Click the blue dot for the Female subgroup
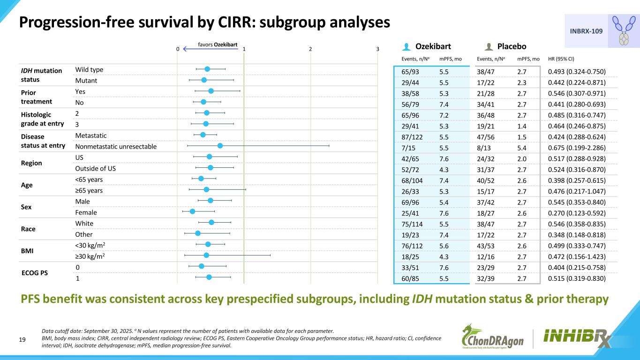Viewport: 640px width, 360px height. click(x=192, y=211)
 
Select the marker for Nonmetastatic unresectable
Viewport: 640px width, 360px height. click(x=220, y=146)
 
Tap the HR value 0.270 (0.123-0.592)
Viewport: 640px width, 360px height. click(x=577, y=213)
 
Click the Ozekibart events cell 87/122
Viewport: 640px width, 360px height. click(x=412, y=137)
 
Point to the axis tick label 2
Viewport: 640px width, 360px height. click(x=310, y=49)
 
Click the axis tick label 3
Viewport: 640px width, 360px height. click(x=377, y=49)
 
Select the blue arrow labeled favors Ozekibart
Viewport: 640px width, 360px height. click(x=210, y=49)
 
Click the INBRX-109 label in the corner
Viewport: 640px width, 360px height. click(x=586, y=31)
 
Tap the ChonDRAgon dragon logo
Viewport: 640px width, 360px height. click(x=493, y=337)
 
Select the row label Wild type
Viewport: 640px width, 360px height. click(x=89, y=70)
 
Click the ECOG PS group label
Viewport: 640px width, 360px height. click(x=35, y=273)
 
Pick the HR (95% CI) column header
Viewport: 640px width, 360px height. click(x=561, y=59)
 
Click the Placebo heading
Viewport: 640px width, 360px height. click(x=512, y=46)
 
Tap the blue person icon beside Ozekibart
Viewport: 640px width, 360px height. click(x=407, y=46)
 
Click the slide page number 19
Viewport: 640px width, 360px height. click(x=23, y=340)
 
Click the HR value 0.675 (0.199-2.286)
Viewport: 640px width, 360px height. click(x=577, y=148)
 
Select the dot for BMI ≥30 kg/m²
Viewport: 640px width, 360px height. click(x=206, y=255)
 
